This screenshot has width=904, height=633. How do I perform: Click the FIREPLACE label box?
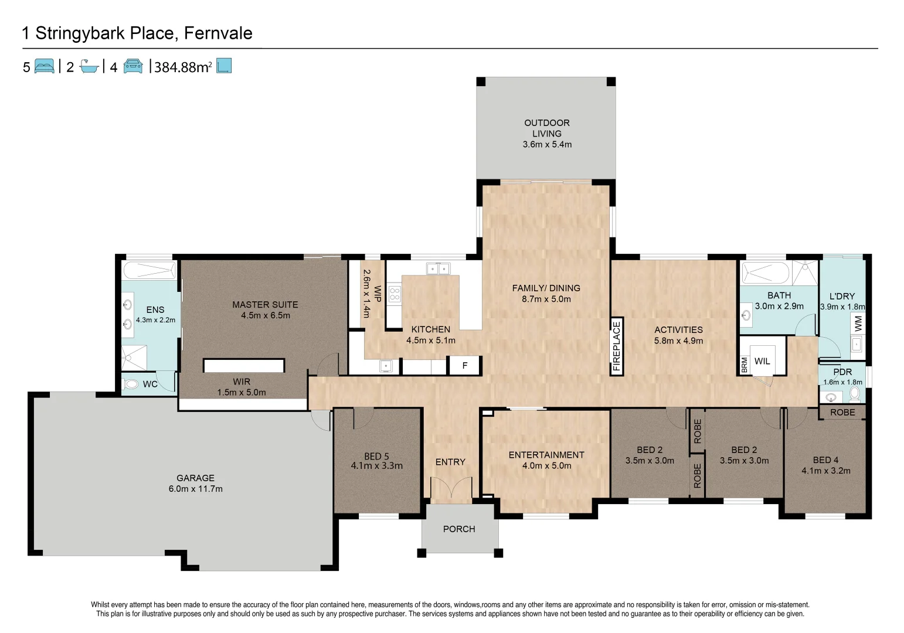coord(617,346)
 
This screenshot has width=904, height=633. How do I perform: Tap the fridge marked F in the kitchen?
coord(464,366)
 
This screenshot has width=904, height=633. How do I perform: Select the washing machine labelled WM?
coord(858,324)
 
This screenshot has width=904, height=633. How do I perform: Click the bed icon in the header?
coord(45,66)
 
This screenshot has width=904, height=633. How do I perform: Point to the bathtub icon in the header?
coord(89,66)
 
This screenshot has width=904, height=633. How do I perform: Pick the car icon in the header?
coord(133,66)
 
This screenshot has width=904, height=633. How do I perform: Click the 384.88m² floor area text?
coord(183,67)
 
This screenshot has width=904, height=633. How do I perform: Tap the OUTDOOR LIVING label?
coord(547,128)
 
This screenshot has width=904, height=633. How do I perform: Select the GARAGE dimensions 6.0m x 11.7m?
coord(195,489)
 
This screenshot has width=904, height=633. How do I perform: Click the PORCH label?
coord(459,529)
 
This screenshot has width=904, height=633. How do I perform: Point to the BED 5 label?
coord(376,457)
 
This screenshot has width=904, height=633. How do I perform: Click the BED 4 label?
coord(825,460)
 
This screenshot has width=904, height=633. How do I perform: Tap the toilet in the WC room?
coord(130,384)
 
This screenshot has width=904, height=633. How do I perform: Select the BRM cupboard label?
coord(744,365)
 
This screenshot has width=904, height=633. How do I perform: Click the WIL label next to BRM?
coord(762,361)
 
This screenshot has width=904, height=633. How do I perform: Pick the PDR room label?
coord(842,372)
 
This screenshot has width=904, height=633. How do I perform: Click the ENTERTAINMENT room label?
coord(546,455)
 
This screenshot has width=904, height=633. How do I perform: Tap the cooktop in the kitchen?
coord(395,293)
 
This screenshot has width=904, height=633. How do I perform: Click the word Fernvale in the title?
coord(218,33)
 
